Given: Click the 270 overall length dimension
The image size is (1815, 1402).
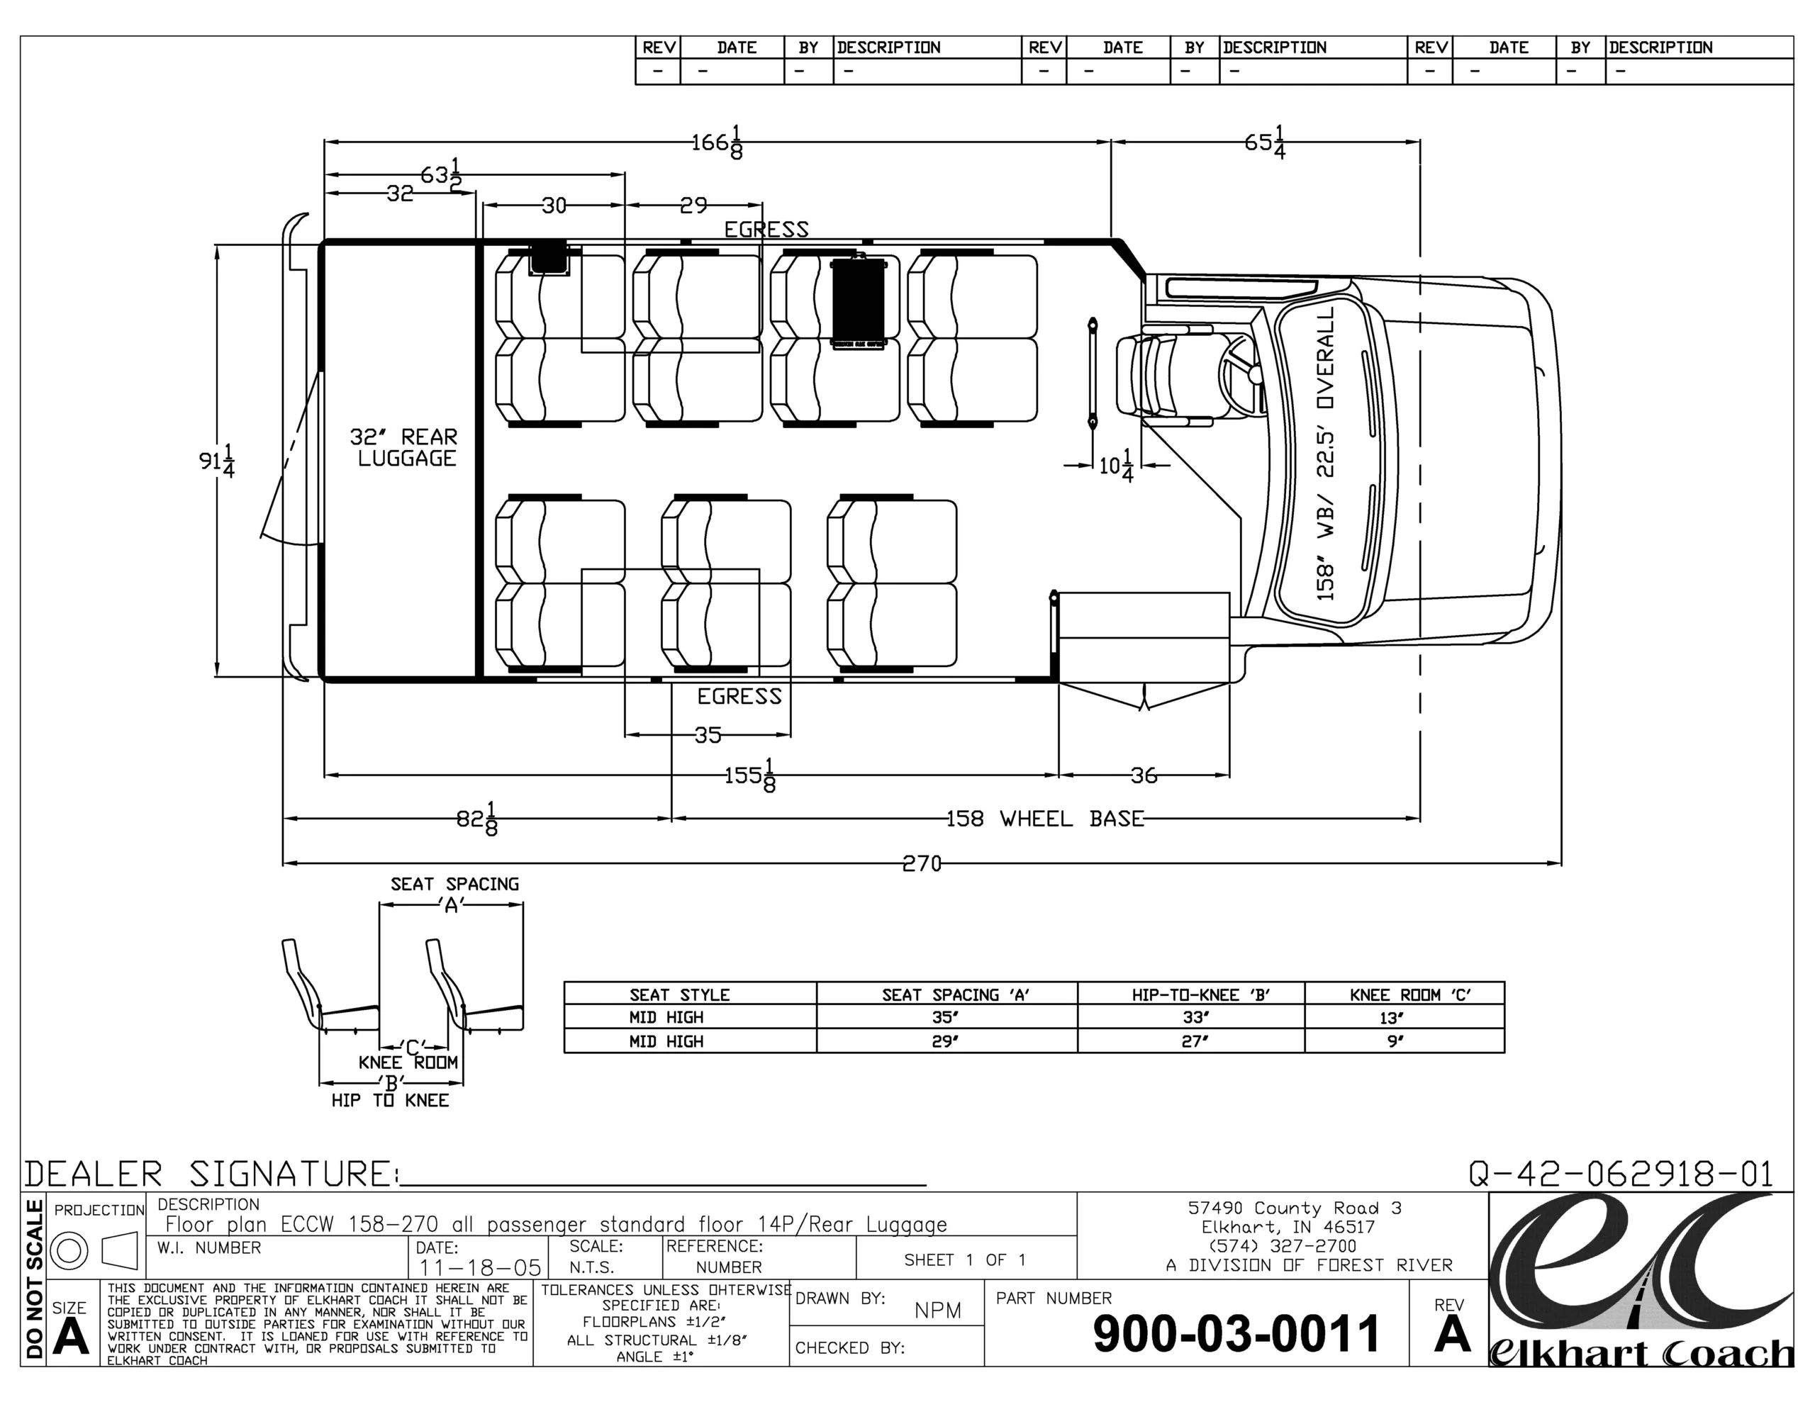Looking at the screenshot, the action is pos(922,864).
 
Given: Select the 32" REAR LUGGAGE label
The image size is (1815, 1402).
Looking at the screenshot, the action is pos(405,448).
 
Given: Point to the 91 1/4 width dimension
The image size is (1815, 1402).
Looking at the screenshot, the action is pos(217,461).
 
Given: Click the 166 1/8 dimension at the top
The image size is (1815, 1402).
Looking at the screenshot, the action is pos(718,142).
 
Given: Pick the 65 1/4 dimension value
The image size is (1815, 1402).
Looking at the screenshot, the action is pos(1265,142).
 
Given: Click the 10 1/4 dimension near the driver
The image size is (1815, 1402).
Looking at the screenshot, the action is pos(1116,466).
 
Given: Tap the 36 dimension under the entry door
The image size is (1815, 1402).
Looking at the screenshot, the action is pos(1144,775).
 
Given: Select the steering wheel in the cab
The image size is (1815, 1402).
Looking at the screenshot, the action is pos(1241,374).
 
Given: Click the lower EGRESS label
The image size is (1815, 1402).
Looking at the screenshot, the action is pos(739,697).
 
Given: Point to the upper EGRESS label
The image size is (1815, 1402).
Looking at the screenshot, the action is pos(766,230).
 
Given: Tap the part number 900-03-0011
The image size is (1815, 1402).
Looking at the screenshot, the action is pos(1236,1334).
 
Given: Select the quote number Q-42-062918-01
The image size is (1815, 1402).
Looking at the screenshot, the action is pos(1621,1174).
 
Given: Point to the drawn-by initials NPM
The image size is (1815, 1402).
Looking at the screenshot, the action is pos(937,1311).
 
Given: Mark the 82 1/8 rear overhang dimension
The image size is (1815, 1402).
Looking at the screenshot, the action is pos(477,819).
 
